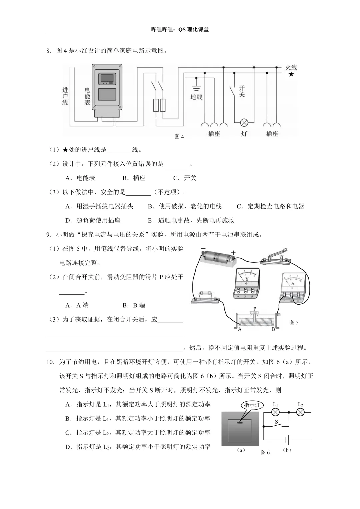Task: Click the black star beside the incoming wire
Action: click(x=291, y=74)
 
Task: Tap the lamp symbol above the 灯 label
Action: click(x=244, y=123)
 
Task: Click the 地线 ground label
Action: click(x=196, y=97)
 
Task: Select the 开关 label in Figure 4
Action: click(x=242, y=91)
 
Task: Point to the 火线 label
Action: click(x=291, y=67)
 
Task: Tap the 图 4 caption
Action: click(x=179, y=137)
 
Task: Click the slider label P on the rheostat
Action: click(x=255, y=309)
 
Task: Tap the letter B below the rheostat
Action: click(x=273, y=329)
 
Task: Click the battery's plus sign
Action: click(x=233, y=253)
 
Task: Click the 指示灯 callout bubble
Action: click(x=252, y=405)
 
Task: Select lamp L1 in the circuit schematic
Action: click(x=275, y=413)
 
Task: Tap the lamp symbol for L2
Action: click(x=300, y=413)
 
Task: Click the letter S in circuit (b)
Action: click(x=276, y=422)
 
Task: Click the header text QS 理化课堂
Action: click(x=193, y=29)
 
